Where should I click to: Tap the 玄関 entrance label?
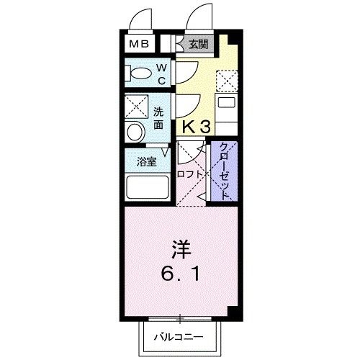199,44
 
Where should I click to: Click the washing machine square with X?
135,107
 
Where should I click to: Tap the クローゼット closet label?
224,170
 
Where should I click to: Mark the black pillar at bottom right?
232,311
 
